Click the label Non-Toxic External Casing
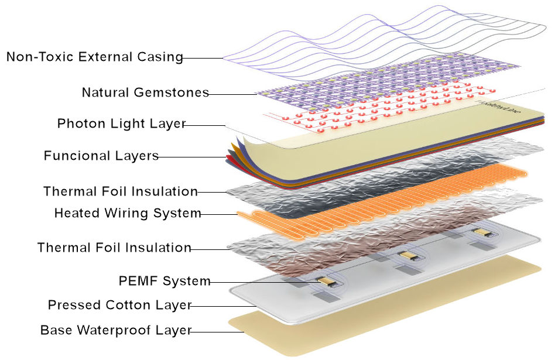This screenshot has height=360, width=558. tap(94, 57)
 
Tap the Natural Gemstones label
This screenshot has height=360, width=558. tap(145, 92)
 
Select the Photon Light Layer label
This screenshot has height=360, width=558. tap(121, 124)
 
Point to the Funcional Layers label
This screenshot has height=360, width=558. tap(101, 156)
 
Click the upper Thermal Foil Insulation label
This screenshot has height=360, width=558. tap(120, 191)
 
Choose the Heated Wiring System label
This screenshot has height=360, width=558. tap(128, 213)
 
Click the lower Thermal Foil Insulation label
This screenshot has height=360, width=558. tap(114, 248)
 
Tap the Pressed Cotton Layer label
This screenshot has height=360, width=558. tap(119, 305)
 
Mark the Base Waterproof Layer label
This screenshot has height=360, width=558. tap(115, 330)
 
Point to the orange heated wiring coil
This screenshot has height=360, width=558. tap(375, 202)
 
